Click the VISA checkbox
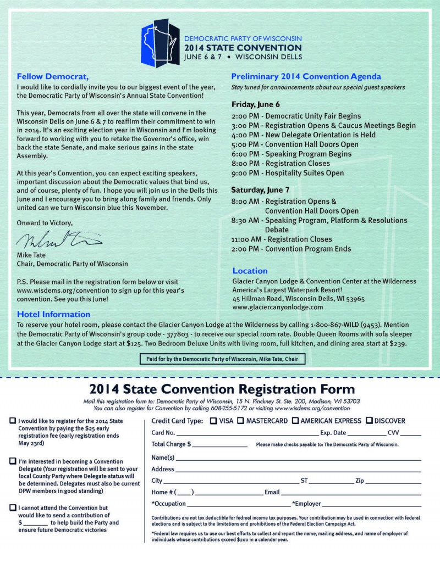pos(214,421)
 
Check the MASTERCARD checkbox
pos(240,421)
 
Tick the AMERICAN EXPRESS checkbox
pos(295,421)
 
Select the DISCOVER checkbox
pos(370,421)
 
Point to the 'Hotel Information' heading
pos(53,314)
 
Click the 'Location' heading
pos(250,271)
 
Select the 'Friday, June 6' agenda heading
pos(255,104)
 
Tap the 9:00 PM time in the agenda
pos(246,173)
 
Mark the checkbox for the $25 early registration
pos(13,421)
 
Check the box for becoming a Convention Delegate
pos(13,461)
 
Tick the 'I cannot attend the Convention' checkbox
pos(13,508)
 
